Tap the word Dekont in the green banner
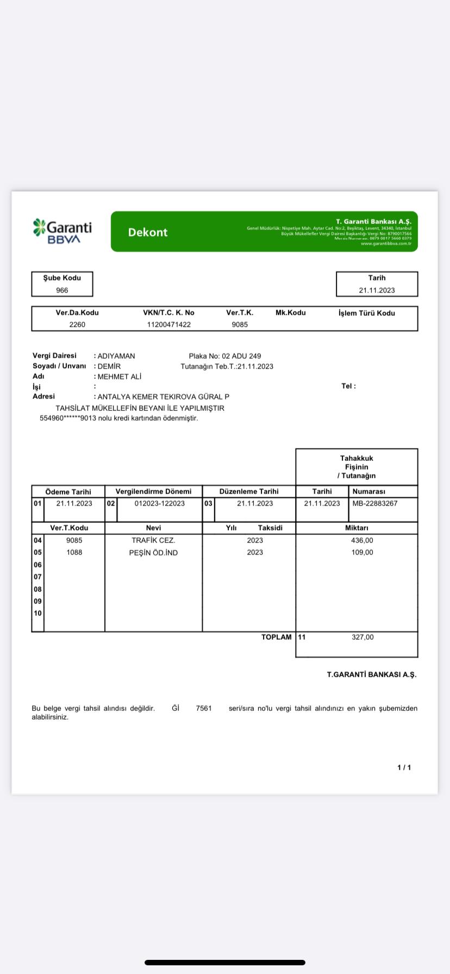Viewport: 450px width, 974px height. (148, 232)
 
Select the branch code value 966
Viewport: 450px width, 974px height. (62, 290)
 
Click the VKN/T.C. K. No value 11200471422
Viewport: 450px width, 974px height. (169, 324)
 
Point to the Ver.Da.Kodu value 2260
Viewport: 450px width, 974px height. (77, 324)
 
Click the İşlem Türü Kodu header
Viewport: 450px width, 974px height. (366, 313)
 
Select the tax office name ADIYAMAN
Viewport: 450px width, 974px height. (116, 356)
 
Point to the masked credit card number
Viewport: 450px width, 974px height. (68, 419)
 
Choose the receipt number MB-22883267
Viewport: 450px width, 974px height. (375, 503)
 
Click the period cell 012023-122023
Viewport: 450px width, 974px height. (159, 503)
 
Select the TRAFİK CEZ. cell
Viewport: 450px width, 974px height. (153, 540)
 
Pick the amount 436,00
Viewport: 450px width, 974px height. (362, 540)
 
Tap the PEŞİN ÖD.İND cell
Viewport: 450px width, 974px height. (153, 552)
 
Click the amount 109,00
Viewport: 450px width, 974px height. (362, 552)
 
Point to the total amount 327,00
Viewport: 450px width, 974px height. (362, 637)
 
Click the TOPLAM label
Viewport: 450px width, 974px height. (276, 637)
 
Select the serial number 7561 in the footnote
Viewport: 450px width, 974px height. (204, 708)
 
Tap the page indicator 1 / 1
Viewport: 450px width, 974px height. (404, 767)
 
